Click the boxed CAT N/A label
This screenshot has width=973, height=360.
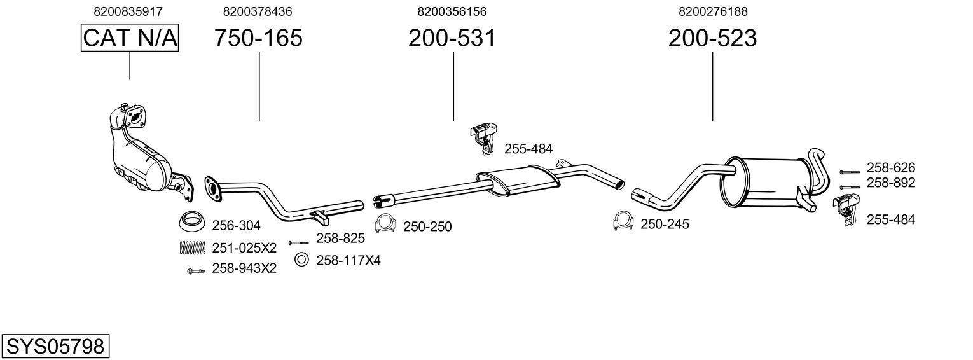point(130,38)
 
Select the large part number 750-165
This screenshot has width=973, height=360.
point(258,38)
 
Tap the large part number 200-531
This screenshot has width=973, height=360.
point(452,38)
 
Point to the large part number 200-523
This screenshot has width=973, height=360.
point(712,38)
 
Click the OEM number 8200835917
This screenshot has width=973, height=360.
point(128,11)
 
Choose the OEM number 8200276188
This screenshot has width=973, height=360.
point(712,11)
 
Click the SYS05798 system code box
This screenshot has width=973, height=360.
point(55,347)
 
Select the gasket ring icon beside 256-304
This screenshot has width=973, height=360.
point(191,222)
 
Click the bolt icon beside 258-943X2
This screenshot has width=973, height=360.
point(195,271)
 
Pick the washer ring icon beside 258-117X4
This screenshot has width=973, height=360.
point(302,259)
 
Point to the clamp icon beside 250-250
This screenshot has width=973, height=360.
point(385,224)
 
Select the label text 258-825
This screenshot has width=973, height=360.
point(340,239)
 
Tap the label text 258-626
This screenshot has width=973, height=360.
point(890,168)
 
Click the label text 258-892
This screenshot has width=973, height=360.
point(890,183)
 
